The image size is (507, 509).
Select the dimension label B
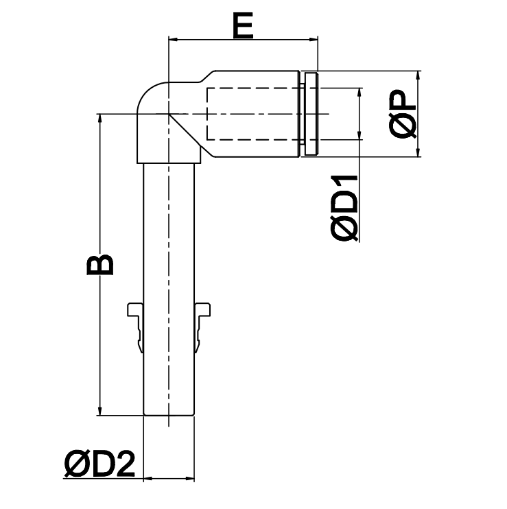point(100,264)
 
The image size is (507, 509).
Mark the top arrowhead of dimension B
point(101,119)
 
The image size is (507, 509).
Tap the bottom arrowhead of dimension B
point(101,410)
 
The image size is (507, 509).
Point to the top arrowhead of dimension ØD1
point(359,93)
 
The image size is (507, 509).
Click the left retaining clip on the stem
point(136,319)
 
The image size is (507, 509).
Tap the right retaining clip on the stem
point(202,319)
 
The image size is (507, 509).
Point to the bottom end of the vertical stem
point(169,414)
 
